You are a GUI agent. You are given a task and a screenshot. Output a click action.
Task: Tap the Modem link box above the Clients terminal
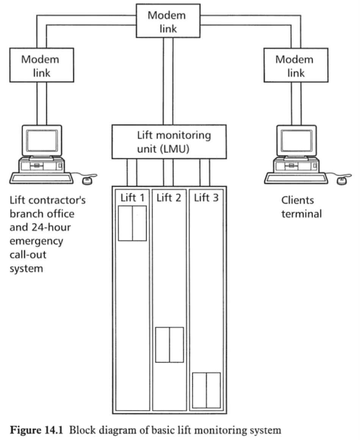point(296,65)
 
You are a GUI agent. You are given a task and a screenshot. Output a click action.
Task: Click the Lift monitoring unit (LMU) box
point(169,142)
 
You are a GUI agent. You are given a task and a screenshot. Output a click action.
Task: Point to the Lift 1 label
point(132,198)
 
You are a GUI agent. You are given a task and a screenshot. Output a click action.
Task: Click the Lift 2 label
point(169,198)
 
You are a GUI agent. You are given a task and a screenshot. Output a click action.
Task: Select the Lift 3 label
point(206,198)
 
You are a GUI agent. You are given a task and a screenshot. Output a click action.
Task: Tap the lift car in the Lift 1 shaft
point(132,223)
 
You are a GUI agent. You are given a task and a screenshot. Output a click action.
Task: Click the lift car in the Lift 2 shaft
point(169,344)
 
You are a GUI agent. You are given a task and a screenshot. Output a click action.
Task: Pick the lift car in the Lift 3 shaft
point(207,390)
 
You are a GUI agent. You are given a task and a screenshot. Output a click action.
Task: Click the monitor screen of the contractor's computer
point(42,140)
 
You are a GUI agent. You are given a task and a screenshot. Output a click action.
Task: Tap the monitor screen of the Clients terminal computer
point(296,140)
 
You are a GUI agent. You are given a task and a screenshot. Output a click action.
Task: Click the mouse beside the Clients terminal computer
point(341,180)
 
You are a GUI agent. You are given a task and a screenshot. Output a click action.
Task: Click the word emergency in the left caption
point(36,241)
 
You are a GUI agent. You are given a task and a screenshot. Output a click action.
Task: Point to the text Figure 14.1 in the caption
point(33,430)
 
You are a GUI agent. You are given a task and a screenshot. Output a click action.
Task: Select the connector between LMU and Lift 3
point(205,172)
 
